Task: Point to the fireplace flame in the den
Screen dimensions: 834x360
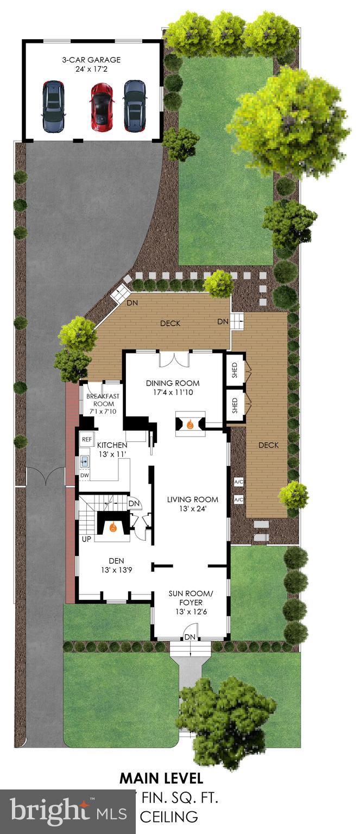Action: click(113, 527)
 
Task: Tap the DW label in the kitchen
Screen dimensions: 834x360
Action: click(84, 476)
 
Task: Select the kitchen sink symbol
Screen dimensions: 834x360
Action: click(85, 462)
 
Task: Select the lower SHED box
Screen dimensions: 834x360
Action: click(236, 405)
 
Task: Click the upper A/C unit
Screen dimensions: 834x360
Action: click(238, 482)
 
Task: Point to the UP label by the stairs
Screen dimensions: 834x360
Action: click(86, 539)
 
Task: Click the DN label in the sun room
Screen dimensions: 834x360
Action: click(190, 636)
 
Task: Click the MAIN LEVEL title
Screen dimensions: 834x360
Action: click(161, 778)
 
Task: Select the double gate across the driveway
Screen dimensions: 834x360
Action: click(46, 477)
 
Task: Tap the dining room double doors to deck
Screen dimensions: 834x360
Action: click(174, 359)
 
